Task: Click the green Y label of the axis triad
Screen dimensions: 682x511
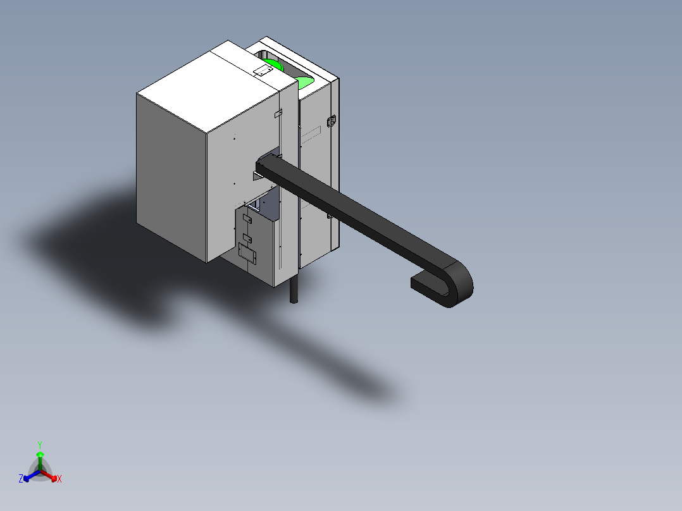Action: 40,445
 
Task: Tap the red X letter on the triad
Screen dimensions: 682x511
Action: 59,479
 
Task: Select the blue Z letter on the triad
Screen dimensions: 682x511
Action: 21,478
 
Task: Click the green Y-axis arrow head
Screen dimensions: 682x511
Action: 40,455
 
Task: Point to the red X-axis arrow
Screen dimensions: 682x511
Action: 49,475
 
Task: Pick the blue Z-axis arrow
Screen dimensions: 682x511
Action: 32,475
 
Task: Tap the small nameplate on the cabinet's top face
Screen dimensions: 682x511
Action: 263,71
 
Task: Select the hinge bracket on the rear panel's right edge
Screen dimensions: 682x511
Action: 331,121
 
